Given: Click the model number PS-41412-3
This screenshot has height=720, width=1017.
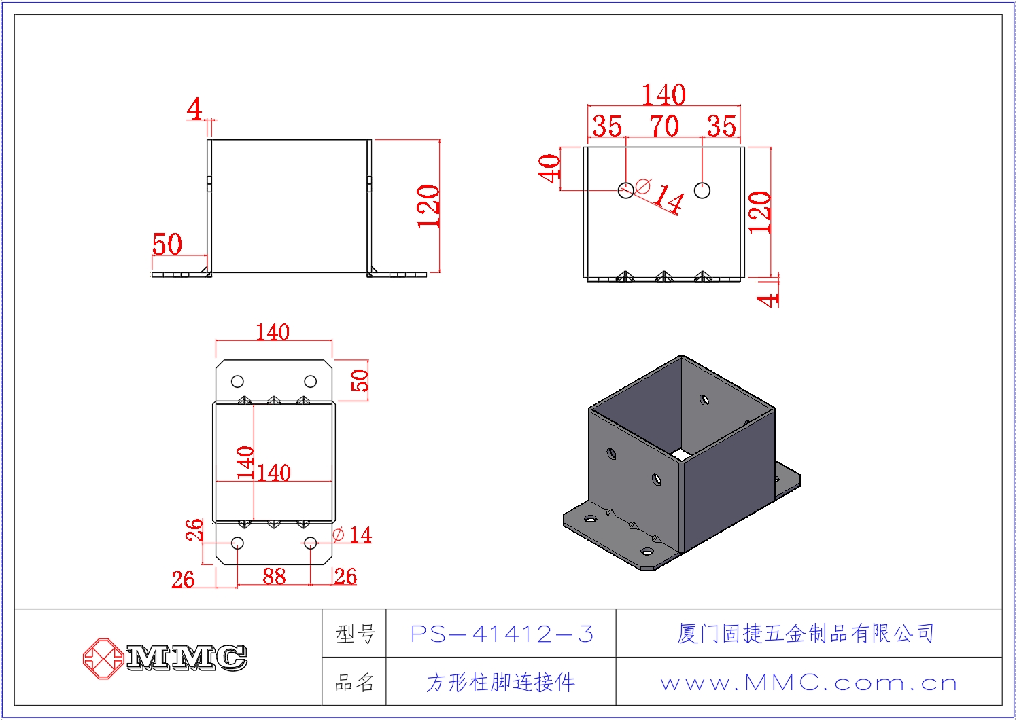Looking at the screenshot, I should click(502, 634).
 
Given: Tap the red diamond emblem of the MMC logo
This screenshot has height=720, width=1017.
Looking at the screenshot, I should click(103, 658).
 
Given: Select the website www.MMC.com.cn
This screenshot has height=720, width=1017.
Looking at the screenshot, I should click(808, 682).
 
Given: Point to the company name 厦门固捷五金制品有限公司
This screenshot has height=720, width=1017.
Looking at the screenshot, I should click(806, 633).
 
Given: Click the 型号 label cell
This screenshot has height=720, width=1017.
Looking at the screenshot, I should click(354, 634).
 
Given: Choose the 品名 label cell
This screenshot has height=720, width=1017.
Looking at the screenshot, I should click(354, 682).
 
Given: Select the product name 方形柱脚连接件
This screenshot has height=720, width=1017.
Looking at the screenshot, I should click(500, 682).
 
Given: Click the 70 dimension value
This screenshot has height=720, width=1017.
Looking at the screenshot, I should click(663, 126).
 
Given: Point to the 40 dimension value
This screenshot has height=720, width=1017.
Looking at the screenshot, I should click(549, 168).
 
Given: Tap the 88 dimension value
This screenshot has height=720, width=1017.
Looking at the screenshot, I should click(274, 577).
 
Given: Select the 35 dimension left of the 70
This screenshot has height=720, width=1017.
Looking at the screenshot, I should click(607, 126).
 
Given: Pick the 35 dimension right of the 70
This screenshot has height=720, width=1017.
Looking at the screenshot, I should click(721, 126).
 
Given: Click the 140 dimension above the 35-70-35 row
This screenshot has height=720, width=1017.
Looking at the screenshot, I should click(663, 95).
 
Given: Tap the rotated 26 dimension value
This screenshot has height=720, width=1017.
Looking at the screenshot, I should click(194, 529).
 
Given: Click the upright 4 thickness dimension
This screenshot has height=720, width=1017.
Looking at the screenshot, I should click(194, 109).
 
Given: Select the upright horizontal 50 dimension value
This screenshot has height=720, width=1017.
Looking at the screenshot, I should click(167, 245).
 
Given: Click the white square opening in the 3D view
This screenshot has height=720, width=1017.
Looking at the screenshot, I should click(682, 453).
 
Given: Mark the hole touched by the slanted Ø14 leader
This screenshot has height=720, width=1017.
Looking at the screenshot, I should click(626, 190).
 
